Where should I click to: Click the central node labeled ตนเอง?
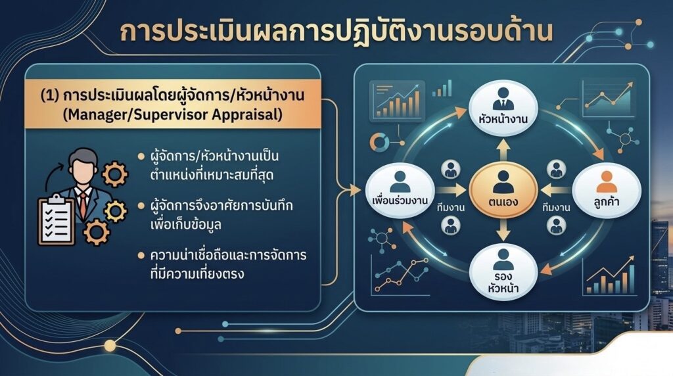pos(503,189)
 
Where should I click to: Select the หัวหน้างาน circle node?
pos(503,107)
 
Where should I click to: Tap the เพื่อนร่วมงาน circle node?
pos(400,189)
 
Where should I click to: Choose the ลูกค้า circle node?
pos(607,189)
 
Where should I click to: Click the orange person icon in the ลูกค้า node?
pos(607,181)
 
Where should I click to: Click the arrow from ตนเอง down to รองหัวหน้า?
pos(503,229)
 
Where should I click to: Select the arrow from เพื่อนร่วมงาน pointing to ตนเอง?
pos(451,189)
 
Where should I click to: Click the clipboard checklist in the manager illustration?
pos(56,220)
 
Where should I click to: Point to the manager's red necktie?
pos(82,205)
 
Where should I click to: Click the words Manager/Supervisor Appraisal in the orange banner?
pos(173,114)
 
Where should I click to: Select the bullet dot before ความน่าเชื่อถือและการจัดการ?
pos(141,256)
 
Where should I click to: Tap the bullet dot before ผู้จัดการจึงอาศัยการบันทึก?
pos(141,206)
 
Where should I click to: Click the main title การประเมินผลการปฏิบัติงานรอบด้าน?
pos(336,32)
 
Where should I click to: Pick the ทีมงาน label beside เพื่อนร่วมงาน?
pos(451,208)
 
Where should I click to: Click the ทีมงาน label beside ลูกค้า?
pos(556,208)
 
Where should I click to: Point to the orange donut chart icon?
pos(379,142)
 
